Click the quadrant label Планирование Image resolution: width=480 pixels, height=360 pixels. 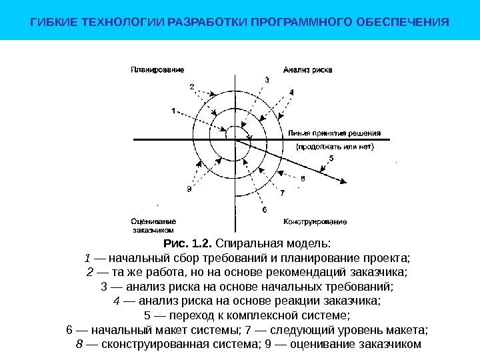tap(157, 69)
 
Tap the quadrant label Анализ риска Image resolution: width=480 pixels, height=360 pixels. tap(307, 69)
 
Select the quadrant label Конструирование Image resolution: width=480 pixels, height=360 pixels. tap(315, 221)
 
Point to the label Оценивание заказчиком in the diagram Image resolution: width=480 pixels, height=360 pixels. tap(153, 225)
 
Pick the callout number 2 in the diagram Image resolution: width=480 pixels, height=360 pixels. tap(192, 86)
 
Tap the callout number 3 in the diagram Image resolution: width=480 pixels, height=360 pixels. tap(267, 80)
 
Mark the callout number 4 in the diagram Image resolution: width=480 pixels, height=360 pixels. tap(291, 93)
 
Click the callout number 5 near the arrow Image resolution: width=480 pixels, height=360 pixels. tap(331, 158)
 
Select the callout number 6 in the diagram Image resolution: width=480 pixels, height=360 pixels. tap(264, 209)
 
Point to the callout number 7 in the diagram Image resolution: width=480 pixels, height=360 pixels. tap(282, 193)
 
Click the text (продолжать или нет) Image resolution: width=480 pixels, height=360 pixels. tap(335, 145)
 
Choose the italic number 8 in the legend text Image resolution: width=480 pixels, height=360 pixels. tap(79, 344)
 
